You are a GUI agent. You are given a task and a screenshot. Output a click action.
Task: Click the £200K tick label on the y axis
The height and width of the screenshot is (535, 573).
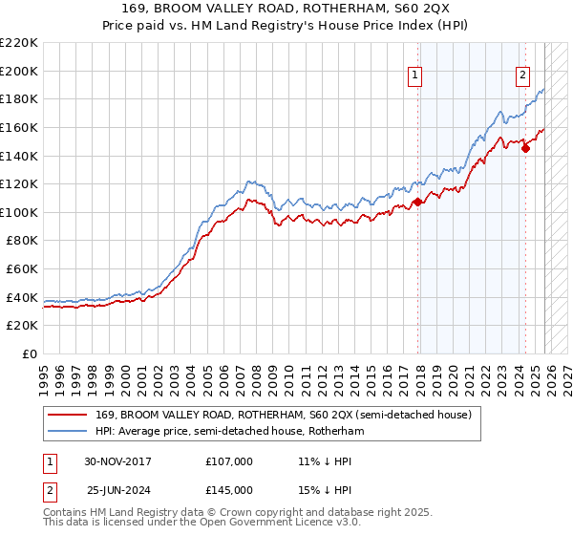(18, 71)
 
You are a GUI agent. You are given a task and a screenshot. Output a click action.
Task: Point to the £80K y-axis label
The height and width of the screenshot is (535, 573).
(21, 241)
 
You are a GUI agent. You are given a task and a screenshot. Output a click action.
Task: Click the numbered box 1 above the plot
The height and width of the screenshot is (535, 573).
(417, 78)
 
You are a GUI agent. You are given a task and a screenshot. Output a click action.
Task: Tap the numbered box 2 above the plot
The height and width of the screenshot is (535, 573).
(524, 78)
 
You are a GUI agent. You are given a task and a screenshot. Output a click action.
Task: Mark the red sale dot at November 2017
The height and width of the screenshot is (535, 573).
(418, 203)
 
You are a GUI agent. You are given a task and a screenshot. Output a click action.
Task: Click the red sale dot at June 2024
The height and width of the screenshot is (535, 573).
(525, 148)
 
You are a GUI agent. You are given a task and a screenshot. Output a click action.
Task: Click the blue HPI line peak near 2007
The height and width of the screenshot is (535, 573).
(250, 181)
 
